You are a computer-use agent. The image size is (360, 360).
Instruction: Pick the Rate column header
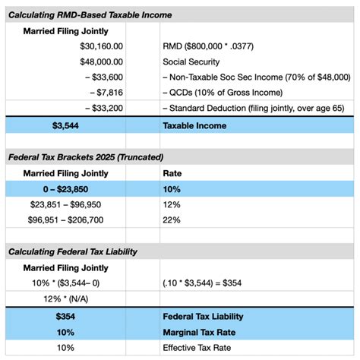(x=173, y=173)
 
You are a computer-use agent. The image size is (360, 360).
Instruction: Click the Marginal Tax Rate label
(x=202, y=332)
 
